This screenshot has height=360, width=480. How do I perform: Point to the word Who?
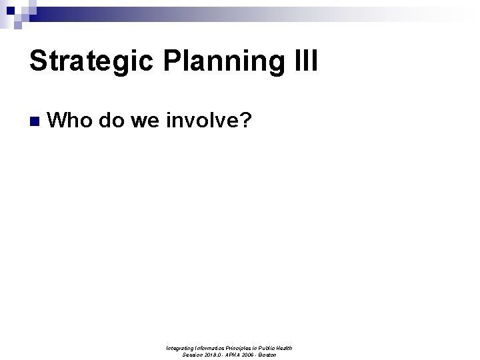pos(73,121)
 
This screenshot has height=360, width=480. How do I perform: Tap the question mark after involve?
pos(244,121)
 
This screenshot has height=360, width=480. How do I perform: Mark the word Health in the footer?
pos(283,348)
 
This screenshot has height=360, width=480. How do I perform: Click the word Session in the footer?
pos(193,355)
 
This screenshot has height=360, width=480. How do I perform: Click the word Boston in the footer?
pos(268,355)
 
